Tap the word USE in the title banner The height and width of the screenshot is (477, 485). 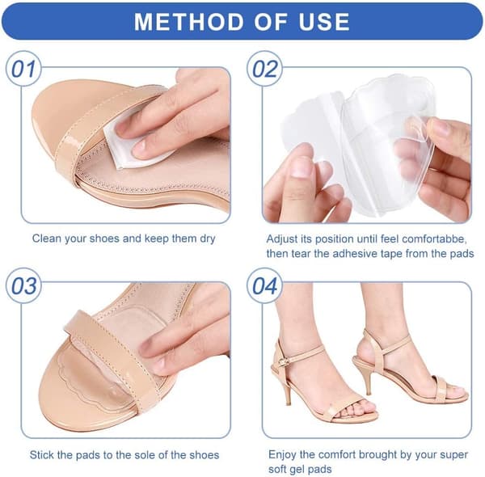tap(324, 22)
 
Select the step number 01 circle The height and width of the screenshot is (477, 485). tap(23, 69)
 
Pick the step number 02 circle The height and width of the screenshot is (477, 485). tap(265, 69)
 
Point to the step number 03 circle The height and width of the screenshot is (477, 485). tap(23, 285)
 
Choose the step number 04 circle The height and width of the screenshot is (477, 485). tap(265, 285)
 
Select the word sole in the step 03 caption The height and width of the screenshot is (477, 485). tap(146, 455)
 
